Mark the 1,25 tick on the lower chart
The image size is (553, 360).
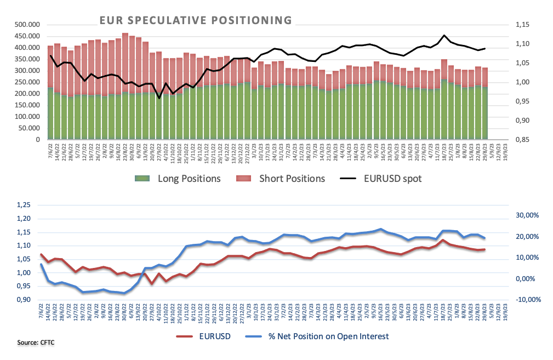(25, 205)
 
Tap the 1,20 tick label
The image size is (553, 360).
(25, 219)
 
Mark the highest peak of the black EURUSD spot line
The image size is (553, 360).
(444, 35)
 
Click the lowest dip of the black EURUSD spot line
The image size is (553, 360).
(159, 98)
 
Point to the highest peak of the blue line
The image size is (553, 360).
(381, 229)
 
